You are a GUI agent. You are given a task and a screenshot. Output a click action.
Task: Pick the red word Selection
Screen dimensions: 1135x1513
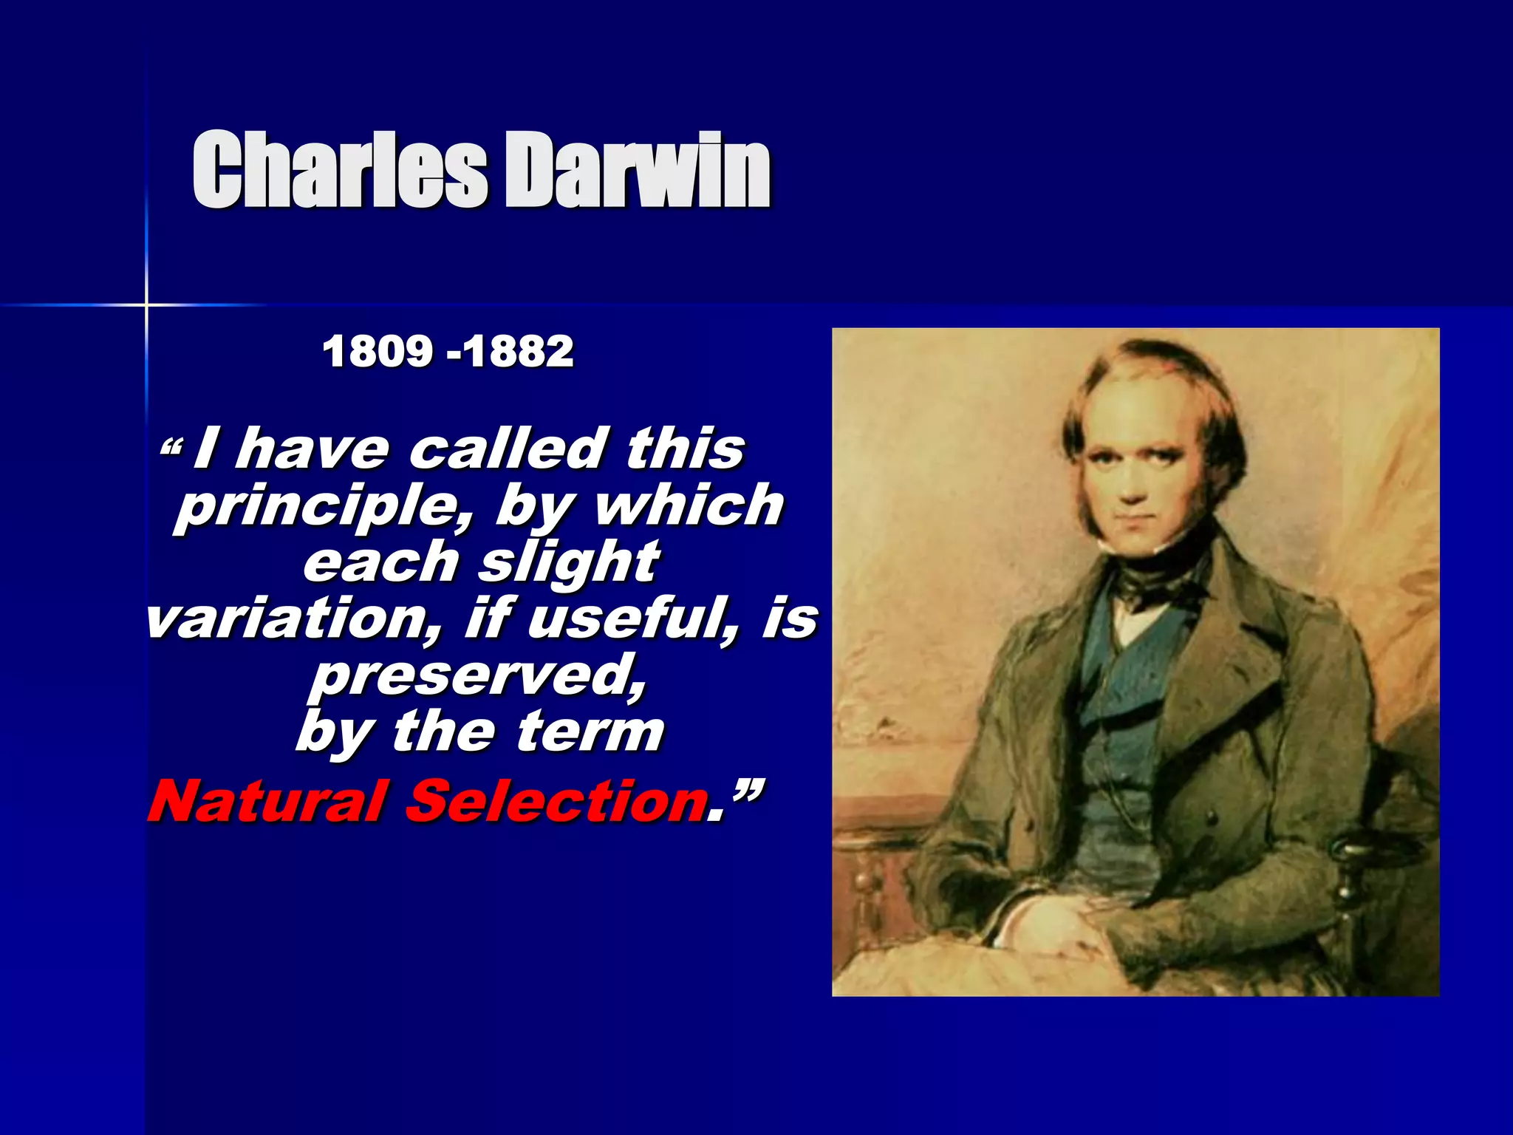(556, 801)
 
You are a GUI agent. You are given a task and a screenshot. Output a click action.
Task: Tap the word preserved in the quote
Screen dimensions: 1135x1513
(477, 675)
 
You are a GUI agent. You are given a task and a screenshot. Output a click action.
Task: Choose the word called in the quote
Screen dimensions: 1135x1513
(505, 449)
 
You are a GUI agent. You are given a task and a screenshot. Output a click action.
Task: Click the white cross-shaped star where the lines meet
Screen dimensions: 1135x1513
(146, 304)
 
